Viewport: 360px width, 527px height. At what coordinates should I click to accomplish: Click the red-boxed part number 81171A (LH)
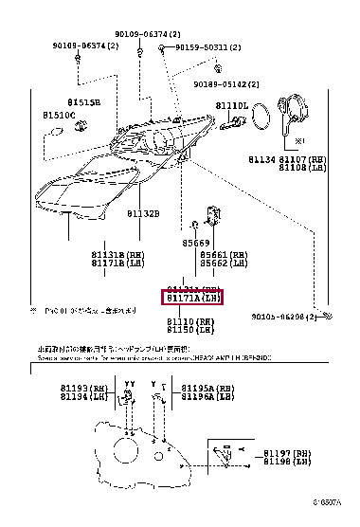(x=193, y=298)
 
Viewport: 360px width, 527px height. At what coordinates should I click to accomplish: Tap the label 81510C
(x=59, y=115)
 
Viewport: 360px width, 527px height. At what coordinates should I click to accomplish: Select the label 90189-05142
(x=225, y=83)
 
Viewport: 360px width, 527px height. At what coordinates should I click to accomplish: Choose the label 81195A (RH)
(x=209, y=389)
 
